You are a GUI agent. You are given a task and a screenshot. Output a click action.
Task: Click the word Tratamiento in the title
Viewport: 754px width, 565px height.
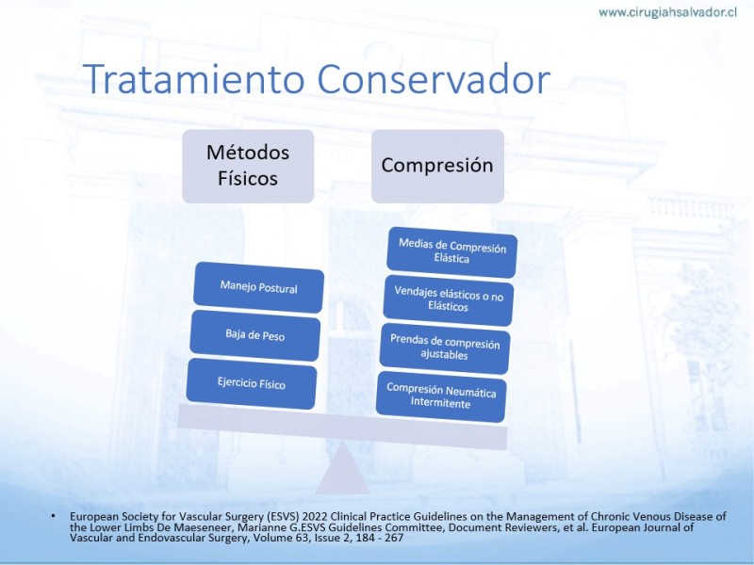pyautogui.click(x=194, y=79)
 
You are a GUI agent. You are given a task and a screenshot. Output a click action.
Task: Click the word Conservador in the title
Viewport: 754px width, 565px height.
pyautogui.click(x=434, y=79)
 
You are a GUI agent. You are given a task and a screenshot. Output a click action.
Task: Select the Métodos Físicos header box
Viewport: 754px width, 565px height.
pyautogui.click(x=248, y=166)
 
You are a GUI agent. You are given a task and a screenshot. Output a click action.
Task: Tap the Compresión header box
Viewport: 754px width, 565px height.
pyautogui.click(x=437, y=166)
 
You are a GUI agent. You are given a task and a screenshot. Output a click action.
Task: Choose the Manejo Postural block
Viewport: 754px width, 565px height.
pyautogui.click(x=258, y=287)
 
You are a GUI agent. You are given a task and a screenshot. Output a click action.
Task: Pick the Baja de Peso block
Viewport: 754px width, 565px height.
pyautogui.click(x=254, y=335)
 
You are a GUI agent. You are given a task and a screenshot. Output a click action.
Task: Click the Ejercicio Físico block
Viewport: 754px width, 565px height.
pyautogui.click(x=252, y=383)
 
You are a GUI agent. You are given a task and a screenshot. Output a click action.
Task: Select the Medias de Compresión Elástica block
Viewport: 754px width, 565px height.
pyautogui.click(x=452, y=252)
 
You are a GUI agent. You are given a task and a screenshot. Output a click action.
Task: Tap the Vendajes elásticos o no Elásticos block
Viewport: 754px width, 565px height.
pyautogui.click(x=449, y=300)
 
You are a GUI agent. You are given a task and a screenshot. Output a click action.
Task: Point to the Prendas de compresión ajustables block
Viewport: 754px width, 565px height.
pyautogui.click(x=445, y=348)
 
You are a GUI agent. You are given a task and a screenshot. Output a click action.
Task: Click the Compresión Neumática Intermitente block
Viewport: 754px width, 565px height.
pyautogui.click(x=441, y=396)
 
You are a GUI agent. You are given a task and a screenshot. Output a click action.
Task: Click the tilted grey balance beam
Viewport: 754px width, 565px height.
pyautogui.click(x=342, y=428)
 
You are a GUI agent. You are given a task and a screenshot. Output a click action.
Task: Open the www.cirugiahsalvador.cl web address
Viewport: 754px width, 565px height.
pyautogui.click(x=667, y=12)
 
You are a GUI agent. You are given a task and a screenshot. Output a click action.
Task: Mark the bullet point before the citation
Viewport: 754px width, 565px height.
pyautogui.click(x=53, y=516)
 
